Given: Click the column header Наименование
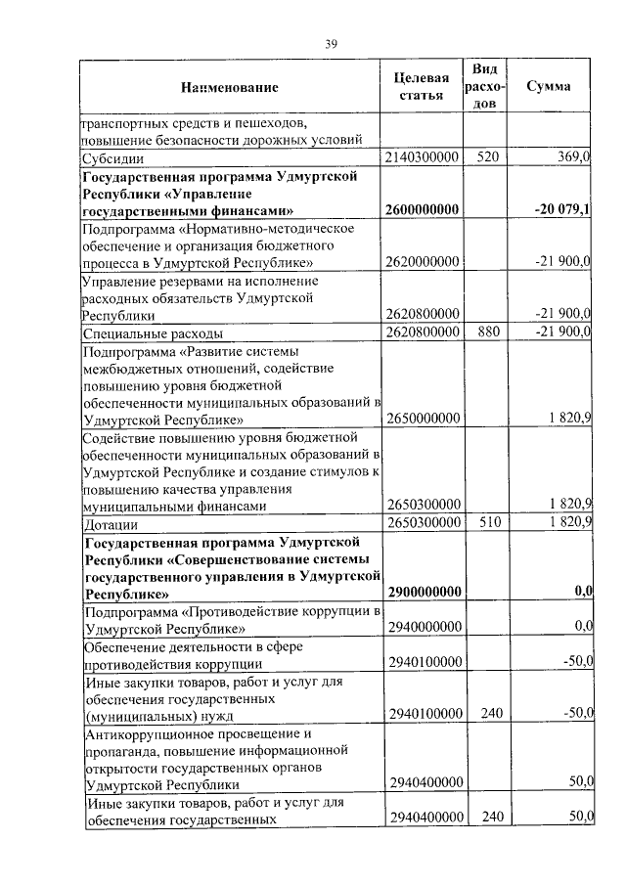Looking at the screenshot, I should coord(229,88).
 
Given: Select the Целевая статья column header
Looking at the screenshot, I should coord(422,87).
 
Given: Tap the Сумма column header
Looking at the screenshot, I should coord(549,86).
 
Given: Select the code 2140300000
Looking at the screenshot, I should coord(423,157).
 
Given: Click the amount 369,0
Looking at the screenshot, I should coord(572,157).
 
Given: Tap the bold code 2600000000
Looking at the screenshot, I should coord(423,210).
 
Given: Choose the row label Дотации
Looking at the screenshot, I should coord(110,523).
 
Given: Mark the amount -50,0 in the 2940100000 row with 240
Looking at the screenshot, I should coord(574,715).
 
